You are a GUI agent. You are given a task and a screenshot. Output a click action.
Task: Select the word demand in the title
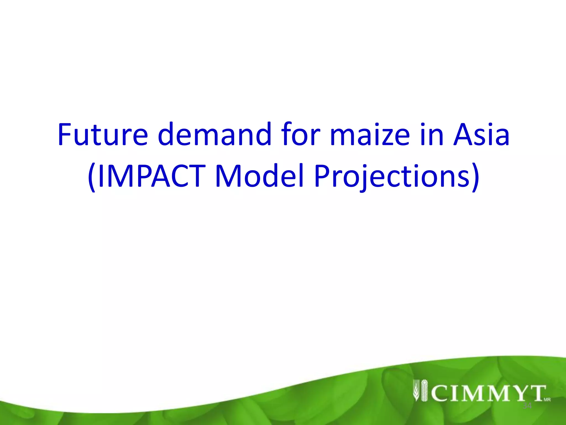[x=214, y=134]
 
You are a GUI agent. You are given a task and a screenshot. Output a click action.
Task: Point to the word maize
[x=370, y=134]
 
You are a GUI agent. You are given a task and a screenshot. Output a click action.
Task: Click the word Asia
[x=481, y=134]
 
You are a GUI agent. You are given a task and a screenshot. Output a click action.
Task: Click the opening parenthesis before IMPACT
[x=92, y=177]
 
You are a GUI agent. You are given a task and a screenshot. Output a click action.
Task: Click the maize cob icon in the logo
[x=424, y=390]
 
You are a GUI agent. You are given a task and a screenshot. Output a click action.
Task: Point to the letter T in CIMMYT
[x=535, y=393]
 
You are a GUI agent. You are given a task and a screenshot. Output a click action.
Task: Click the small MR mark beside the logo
[x=547, y=400]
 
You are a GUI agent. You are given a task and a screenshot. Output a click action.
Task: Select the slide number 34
[x=527, y=406]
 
